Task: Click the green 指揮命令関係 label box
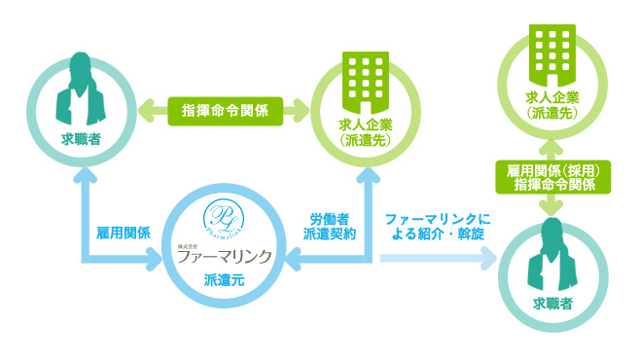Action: point(227,110)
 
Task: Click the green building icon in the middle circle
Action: point(364,82)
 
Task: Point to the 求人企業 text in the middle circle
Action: point(364,125)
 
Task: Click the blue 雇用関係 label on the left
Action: point(123,234)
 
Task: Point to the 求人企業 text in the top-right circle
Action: point(551,97)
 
